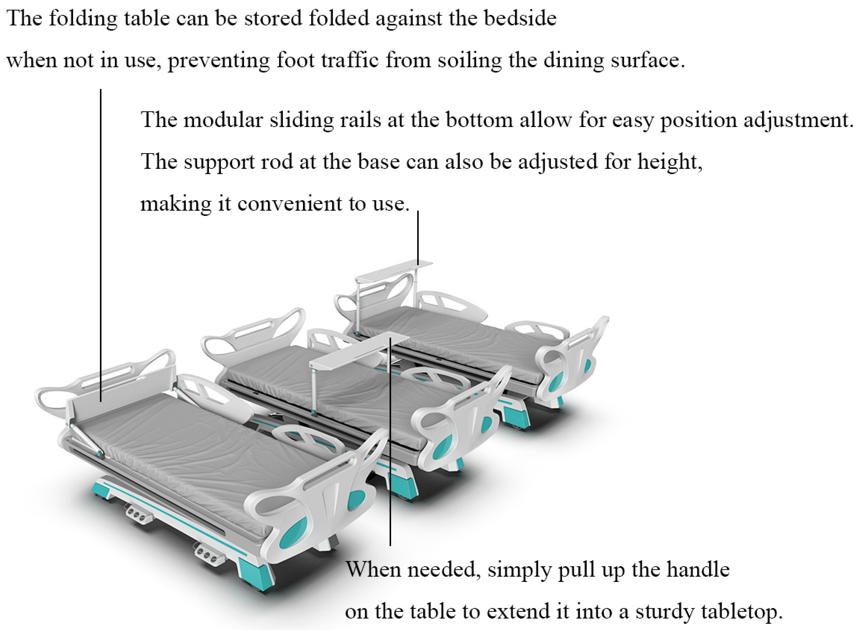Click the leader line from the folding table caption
pyautogui.click(x=101, y=245)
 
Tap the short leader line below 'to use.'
pyautogui.click(x=418, y=238)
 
